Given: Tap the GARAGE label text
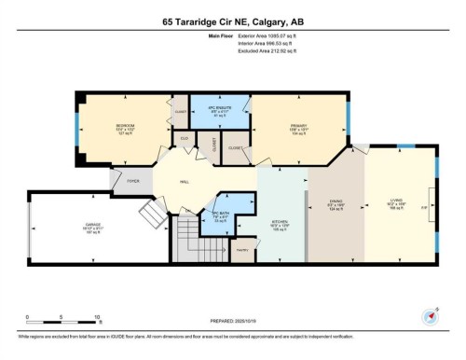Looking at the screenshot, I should coord(93,225).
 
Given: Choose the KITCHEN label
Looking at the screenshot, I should coord(280,222).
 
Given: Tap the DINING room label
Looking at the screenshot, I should coord(336,203).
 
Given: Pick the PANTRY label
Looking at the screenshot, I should coord(241,251).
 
